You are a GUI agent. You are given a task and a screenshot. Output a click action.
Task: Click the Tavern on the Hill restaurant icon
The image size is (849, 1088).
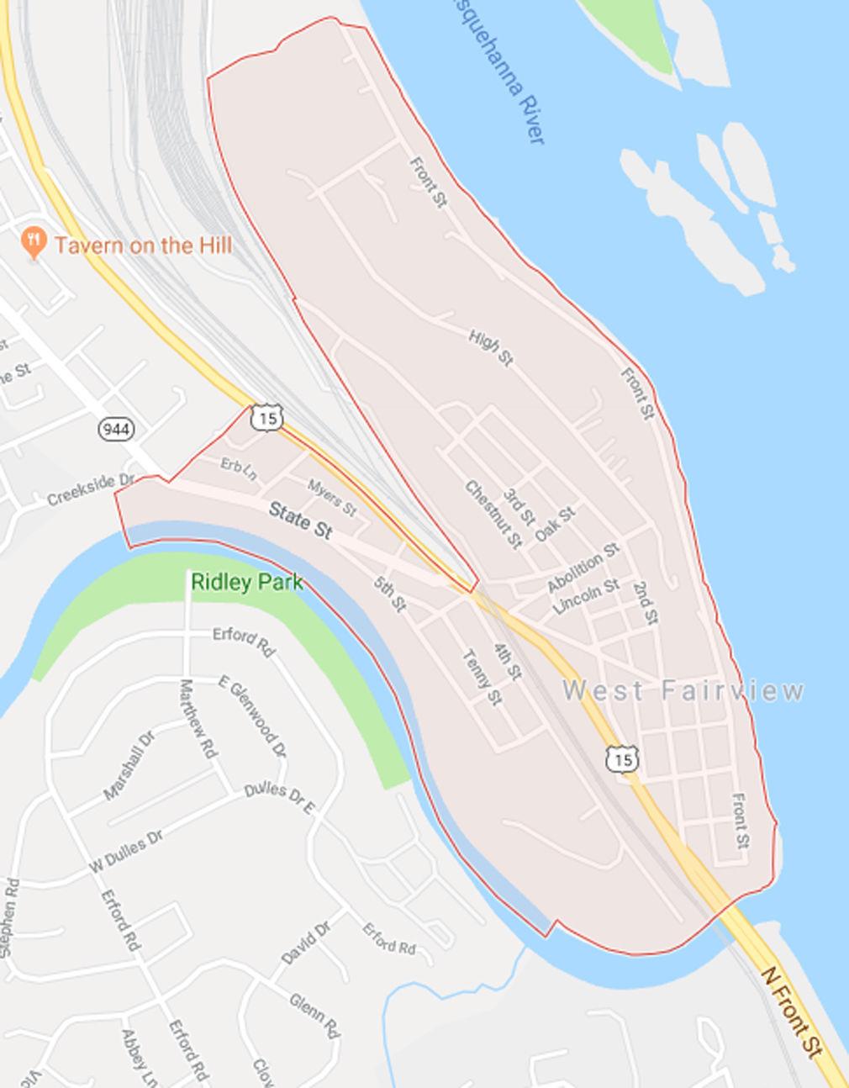pos(34,245)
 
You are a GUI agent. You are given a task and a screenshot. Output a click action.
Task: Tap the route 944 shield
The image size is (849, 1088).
pos(115,430)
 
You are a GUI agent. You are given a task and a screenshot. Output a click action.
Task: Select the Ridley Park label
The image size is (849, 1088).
pos(246,582)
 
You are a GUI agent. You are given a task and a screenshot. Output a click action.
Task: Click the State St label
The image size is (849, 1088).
pos(301,520)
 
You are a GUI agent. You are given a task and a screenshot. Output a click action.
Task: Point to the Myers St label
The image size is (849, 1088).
pos(332,498)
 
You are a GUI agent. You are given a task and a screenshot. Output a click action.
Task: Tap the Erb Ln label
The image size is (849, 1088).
pos(239,468)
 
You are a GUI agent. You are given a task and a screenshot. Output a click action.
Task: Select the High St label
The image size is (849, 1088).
pos(491,347)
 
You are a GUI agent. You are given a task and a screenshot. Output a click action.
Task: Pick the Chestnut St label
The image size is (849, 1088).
pos(493,514)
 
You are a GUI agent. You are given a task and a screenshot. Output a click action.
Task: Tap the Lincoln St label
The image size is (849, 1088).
pos(586,596)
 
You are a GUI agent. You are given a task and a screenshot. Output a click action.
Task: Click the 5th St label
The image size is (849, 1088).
pos(391,594)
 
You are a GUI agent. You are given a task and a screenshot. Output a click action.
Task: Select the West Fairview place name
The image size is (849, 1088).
pos(683,691)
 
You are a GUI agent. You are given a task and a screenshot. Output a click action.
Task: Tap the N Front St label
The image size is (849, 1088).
pos(792,1012)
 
